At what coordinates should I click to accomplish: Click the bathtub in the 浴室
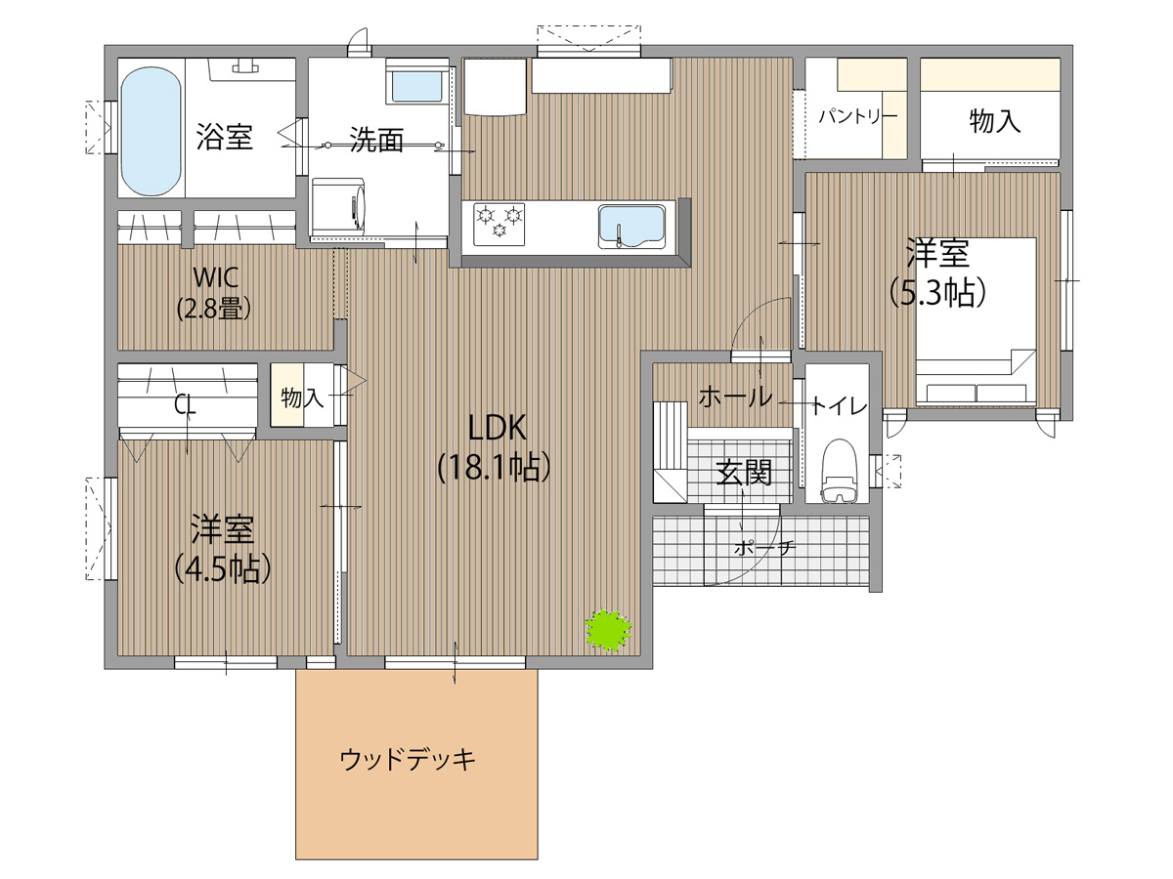pos(152,131)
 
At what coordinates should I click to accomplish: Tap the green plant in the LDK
pos(608,630)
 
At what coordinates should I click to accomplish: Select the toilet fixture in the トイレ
pos(839,471)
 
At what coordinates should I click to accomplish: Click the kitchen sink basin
pos(630,226)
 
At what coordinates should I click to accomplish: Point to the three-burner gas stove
pos(500,225)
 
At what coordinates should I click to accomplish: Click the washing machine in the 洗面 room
pos(338,206)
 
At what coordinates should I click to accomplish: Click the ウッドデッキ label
pos(408,759)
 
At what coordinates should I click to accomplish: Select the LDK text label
pos(497,428)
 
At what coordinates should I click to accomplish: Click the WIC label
pos(215,277)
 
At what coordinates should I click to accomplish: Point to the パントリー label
pos(859,116)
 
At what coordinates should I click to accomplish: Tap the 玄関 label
pos(744,472)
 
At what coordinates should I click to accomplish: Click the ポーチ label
pos(765,548)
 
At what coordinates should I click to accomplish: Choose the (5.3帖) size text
pos(937,292)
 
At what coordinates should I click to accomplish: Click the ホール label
pos(735,398)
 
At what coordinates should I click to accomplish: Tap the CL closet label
pos(185,406)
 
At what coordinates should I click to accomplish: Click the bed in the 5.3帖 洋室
pos(977,321)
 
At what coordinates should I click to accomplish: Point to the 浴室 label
pos(224,137)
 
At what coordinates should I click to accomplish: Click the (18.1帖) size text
pos(495,468)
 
